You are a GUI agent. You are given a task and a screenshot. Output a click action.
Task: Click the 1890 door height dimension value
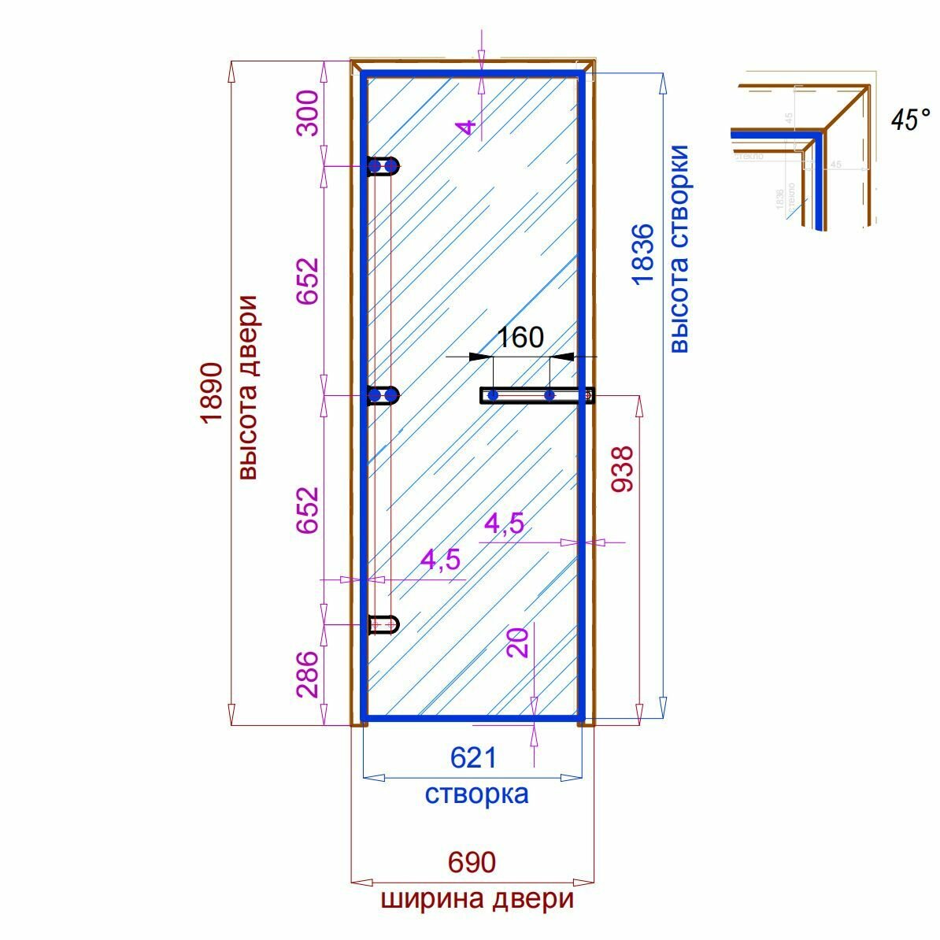click(x=210, y=393)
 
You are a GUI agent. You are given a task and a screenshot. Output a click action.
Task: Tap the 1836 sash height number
click(x=642, y=254)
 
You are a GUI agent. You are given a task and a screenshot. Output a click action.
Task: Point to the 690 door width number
click(x=472, y=863)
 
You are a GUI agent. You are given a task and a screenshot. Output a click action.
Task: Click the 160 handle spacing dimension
click(x=521, y=337)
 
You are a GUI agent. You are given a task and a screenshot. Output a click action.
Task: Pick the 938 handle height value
click(x=622, y=469)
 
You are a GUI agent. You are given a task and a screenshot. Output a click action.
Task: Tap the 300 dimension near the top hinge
click(x=308, y=113)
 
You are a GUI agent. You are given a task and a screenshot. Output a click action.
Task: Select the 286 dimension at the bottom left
click(x=308, y=674)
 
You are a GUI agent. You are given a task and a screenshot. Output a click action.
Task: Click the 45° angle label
click(x=909, y=120)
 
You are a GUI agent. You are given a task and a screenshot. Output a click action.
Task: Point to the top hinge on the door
click(x=383, y=166)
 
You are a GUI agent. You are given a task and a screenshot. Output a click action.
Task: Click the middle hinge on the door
click(x=383, y=394)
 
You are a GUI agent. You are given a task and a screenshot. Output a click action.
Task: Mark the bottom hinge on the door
click(x=383, y=624)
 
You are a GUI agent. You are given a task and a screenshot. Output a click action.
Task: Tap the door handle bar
click(x=535, y=395)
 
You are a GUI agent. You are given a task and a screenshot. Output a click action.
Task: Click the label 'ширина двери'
click(x=477, y=899)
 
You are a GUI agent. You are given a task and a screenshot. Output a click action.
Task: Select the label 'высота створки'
click(x=679, y=248)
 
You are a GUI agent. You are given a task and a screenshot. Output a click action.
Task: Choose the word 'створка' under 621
click(x=476, y=794)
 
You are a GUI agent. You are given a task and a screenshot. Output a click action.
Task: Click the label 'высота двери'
click(x=248, y=387)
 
